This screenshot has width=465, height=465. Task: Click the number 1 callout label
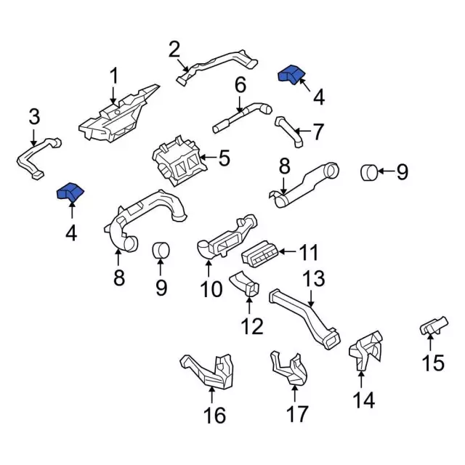[x=113, y=76]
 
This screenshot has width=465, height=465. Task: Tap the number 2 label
[x=174, y=50]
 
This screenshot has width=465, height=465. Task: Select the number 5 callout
[x=225, y=157]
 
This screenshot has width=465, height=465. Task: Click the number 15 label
[x=433, y=362]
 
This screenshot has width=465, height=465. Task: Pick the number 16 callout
[x=215, y=416]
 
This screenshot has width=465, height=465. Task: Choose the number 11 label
[x=309, y=253]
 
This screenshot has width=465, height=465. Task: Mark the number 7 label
[x=318, y=132]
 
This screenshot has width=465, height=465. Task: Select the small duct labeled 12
[x=246, y=285]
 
